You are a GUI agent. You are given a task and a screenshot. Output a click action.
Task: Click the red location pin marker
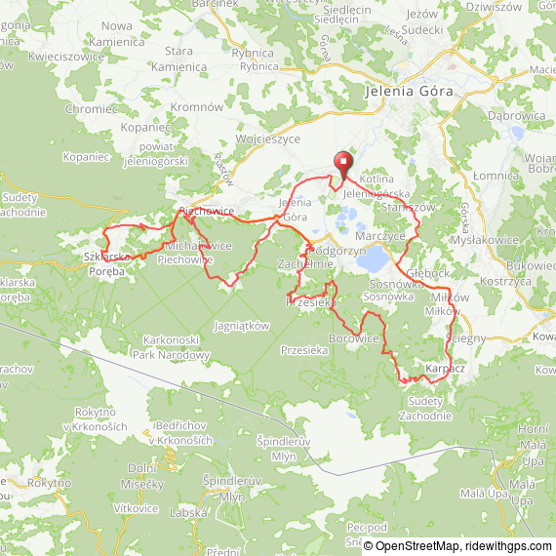[x=342, y=164]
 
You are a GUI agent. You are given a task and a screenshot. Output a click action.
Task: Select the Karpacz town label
[x=445, y=369]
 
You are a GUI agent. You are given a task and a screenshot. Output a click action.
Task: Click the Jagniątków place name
[x=240, y=328]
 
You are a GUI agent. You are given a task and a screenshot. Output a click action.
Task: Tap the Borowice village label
[x=354, y=338]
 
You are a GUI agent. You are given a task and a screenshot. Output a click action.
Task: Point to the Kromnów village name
[x=198, y=105]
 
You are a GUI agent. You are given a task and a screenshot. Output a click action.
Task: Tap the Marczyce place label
[x=380, y=236]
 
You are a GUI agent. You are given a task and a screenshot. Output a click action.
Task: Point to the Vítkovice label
[x=135, y=508]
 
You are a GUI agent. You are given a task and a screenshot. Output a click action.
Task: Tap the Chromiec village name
[x=92, y=109]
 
